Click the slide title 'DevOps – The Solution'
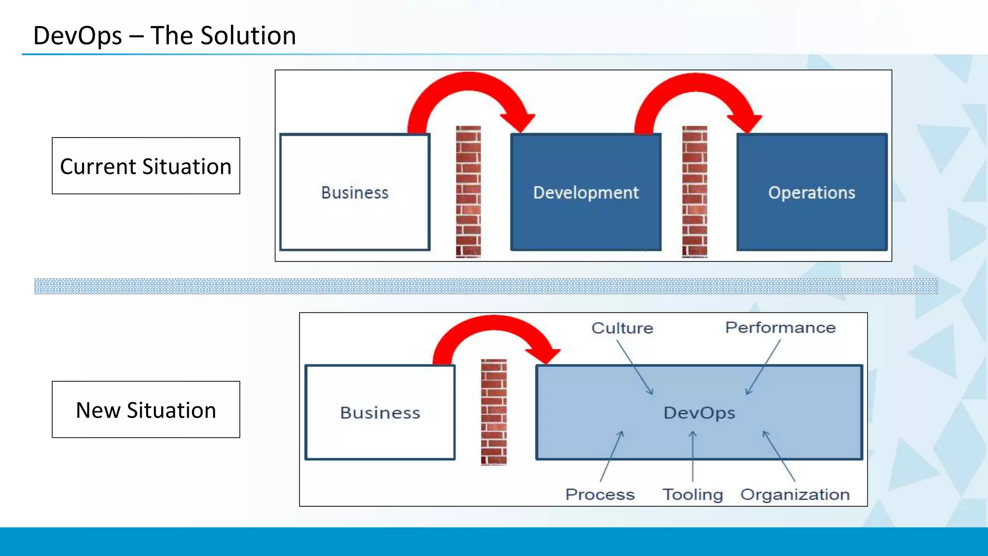tap(164, 36)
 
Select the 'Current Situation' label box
tap(146, 166)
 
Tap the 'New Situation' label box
tap(146, 410)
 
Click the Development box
tap(586, 193)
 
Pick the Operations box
tap(811, 193)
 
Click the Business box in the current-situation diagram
tap(355, 193)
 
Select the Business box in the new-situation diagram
tap(380, 413)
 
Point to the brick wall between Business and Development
tap(468, 192)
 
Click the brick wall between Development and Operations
tap(695, 192)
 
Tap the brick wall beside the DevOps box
tap(494, 412)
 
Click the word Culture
tap(622, 328)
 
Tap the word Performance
tap(780, 328)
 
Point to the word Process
tap(600, 495)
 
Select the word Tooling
tap(692, 495)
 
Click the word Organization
tap(795, 495)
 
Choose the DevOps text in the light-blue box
tap(699, 413)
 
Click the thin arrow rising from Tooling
tap(692, 456)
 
